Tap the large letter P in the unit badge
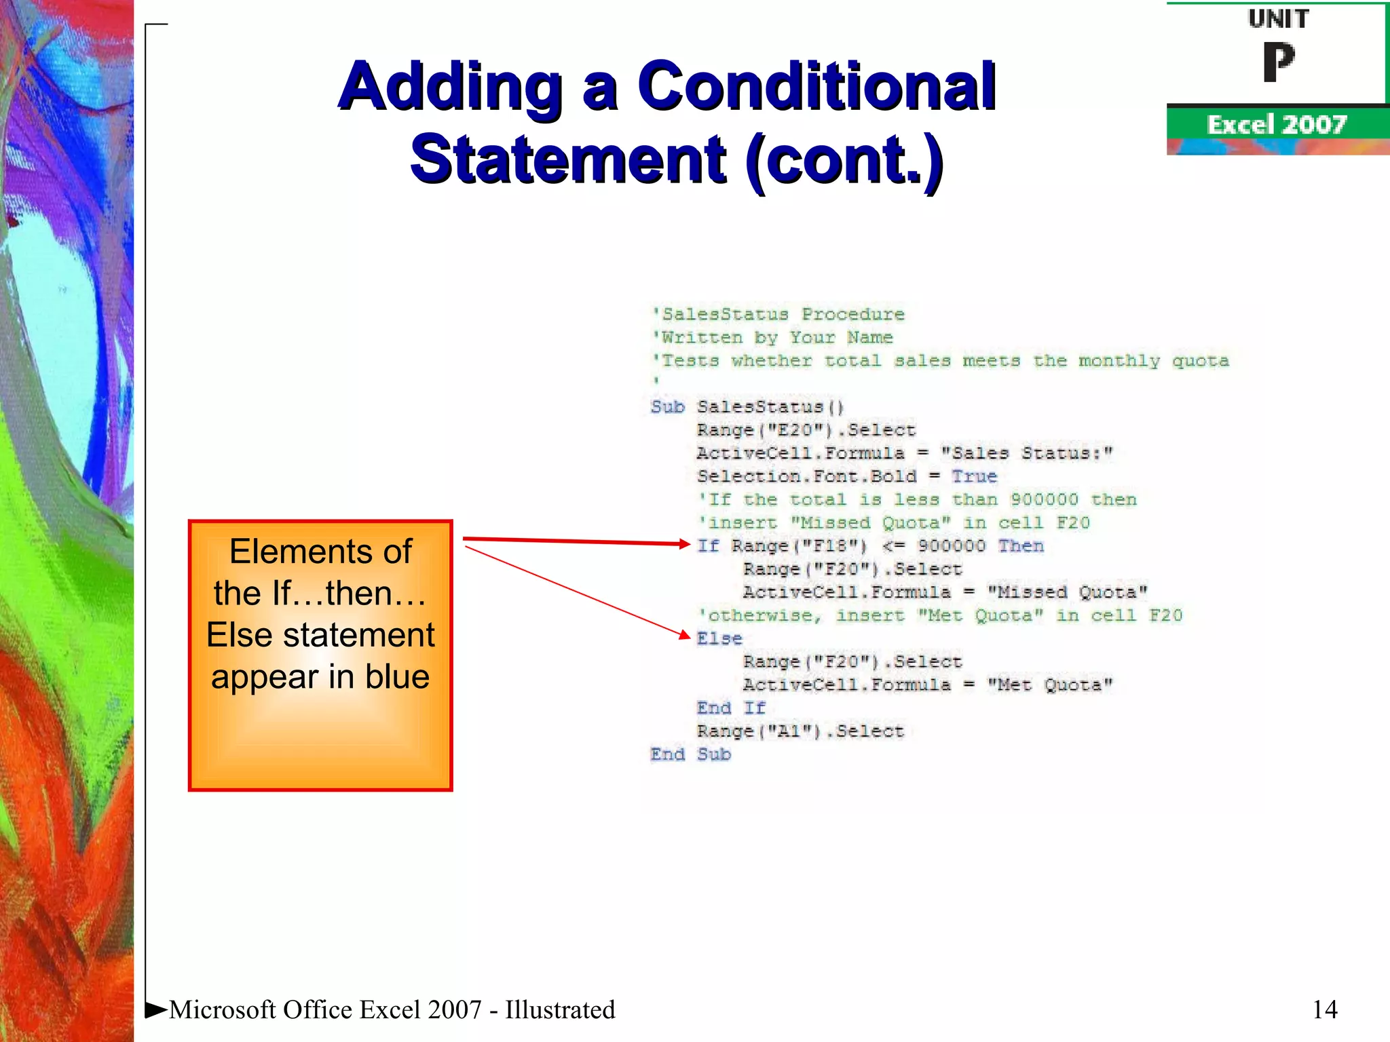tap(1278, 62)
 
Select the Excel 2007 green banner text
tap(1276, 125)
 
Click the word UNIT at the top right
tap(1278, 19)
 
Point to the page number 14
tap(1324, 1009)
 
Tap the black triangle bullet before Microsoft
tap(155, 1009)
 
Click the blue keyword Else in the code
tap(719, 638)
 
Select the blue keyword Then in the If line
tap(1021, 545)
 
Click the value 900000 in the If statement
tap(951, 545)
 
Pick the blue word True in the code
tap(974, 476)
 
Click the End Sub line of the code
tap(690, 754)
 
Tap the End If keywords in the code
tap(730, 708)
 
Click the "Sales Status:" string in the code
tap(1026, 453)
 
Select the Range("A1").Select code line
tap(800, 731)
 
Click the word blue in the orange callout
tap(397, 677)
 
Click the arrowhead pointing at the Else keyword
tap(685, 635)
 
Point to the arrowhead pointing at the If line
tap(685, 543)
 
